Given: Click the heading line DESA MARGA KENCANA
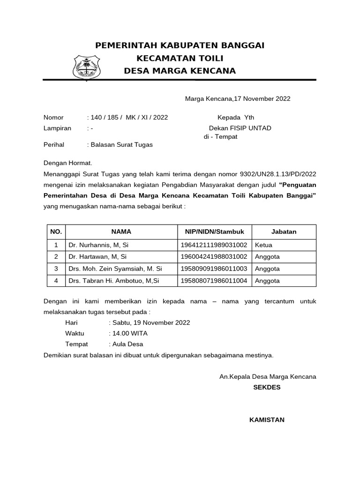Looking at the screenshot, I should click(180, 71).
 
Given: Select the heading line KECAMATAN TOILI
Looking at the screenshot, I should click(180, 58).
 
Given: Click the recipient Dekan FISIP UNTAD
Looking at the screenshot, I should click(240, 128).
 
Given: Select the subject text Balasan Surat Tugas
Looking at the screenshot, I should click(121, 145).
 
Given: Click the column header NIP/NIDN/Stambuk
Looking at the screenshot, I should click(214, 232).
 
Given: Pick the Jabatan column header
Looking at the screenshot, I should click(284, 232).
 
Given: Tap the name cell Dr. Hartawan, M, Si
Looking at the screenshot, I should click(97, 257).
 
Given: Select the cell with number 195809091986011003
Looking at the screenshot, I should click(214, 269).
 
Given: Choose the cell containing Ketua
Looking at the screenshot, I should click(264, 245).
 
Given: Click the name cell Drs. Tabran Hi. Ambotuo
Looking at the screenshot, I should click(114, 281).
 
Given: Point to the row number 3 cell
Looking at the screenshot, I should click(56, 269).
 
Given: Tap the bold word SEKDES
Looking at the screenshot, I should click(267, 387).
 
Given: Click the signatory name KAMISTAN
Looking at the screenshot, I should click(267, 420).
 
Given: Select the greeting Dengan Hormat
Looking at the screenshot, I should click(68, 163).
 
